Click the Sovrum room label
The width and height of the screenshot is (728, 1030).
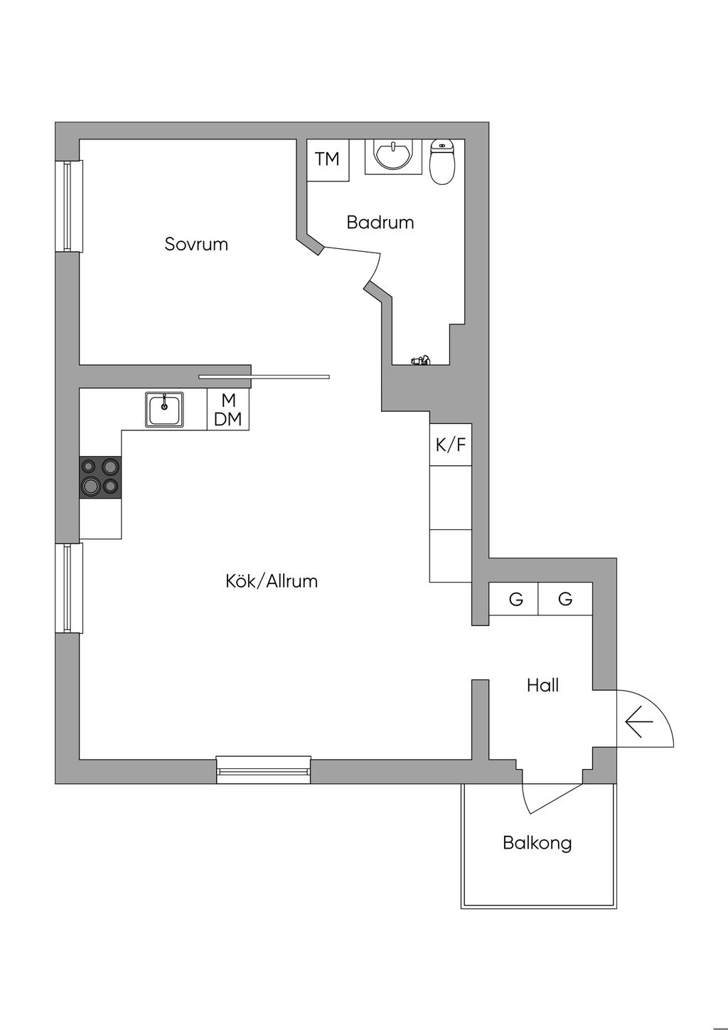[x=196, y=244]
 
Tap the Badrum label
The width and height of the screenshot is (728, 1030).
[x=380, y=222]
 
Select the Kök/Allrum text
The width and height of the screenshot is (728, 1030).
[x=272, y=581]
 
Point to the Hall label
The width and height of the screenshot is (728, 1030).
[x=542, y=685]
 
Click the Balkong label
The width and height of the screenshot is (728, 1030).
[x=537, y=843]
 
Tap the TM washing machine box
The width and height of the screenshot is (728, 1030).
[x=328, y=159]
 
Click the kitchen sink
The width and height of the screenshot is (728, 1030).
[x=165, y=410]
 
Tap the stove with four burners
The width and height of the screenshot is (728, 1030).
[x=100, y=477]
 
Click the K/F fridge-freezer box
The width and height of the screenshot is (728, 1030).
[x=451, y=445]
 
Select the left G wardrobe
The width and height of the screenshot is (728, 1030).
[x=515, y=599]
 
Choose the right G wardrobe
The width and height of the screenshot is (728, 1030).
[x=565, y=599]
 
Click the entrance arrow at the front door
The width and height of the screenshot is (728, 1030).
[x=638, y=723]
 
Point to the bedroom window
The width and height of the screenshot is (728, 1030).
[x=68, y=206]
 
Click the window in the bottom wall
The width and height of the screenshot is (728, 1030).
[x=263, y=770]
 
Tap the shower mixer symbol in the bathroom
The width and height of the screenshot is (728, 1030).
[x=421, y=361]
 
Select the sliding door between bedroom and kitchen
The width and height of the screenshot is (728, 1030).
[x=264, y=376]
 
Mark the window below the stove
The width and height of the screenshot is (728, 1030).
[x=68, y=588]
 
